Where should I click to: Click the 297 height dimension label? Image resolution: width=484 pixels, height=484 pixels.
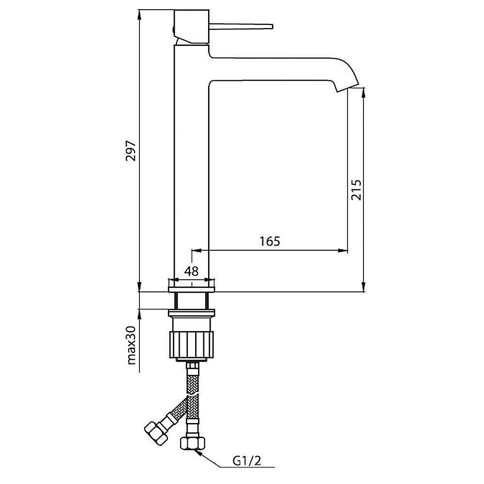[x=131, y=151]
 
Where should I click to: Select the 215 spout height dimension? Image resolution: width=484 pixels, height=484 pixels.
[x=356, y=190]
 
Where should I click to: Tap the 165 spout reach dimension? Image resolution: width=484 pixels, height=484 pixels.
[x=270, y=241]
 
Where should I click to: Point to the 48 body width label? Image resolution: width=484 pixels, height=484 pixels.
[x=191, y=272]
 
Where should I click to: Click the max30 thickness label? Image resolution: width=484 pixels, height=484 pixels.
[x=131, y=345]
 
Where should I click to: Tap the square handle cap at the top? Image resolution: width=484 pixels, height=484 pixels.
[x=192, y=27]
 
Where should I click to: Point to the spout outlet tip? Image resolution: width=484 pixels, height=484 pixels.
[x=348, y=88]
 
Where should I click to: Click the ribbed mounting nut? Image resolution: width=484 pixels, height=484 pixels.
[x=192, y=345]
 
